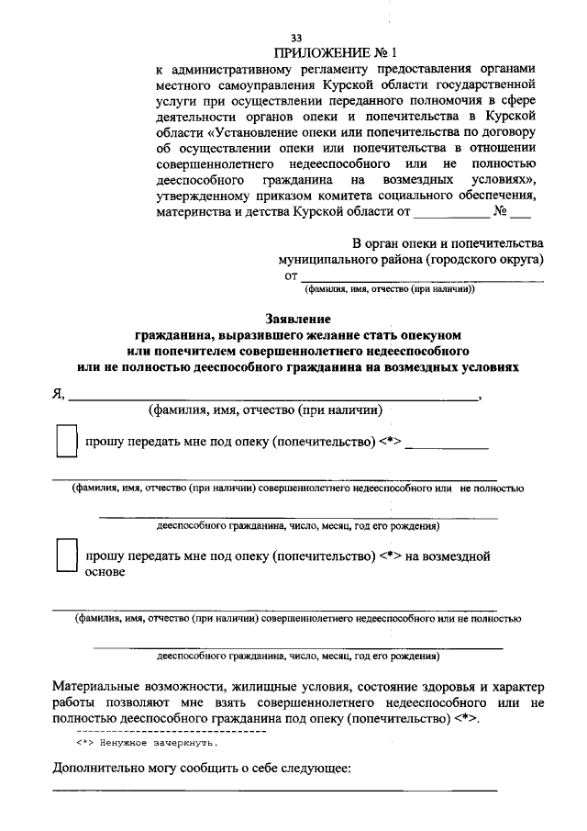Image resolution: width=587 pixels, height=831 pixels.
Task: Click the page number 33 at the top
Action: tap(295, 38)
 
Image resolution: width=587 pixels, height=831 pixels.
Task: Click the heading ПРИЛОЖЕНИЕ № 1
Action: tap(341, 53)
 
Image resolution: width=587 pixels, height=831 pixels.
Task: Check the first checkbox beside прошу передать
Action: tap(65, 442)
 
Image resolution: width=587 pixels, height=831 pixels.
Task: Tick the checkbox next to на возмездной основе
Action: tap(65, 556)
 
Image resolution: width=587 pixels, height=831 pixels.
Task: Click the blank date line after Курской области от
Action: tap(451, 219)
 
